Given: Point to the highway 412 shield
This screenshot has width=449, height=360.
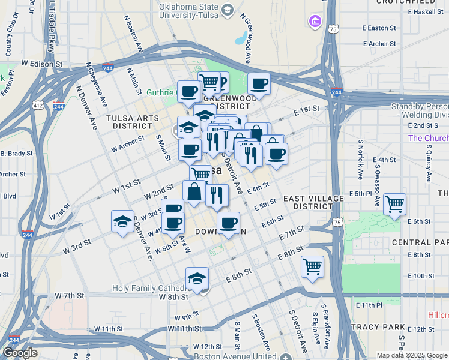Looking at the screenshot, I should [x=38, y=106].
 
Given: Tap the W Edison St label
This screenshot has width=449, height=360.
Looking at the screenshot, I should [x=42, y=63].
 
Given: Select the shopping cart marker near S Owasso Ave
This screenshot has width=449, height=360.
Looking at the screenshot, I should [x=394, y=205].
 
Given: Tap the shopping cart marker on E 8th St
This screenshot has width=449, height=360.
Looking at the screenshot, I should [x=312, y=266].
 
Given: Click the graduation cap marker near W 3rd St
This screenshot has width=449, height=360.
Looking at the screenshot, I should [x=122, y=221].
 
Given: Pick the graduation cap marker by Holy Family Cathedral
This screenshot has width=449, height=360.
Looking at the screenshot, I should [x=197, y=278].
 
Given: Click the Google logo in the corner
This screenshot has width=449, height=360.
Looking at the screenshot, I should [x=20, y=353].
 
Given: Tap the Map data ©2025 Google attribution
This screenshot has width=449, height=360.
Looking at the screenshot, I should [x=411, y=355].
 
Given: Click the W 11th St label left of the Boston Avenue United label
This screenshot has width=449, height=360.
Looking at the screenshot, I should [x=184, y=329].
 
